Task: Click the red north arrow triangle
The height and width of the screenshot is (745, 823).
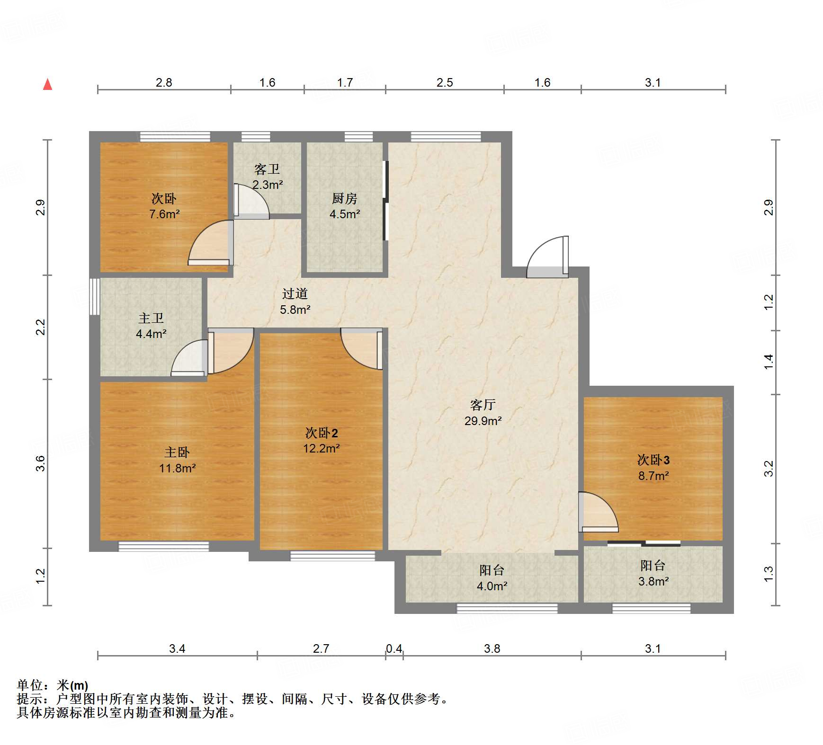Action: (x=47, y=84)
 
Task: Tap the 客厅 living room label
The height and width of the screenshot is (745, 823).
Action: (x=483, y=405)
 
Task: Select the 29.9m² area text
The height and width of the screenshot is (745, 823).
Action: (x=483, y=421)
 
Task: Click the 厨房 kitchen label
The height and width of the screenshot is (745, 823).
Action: (x=344, y=198)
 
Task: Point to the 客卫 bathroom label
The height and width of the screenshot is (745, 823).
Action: (x=267, y=169)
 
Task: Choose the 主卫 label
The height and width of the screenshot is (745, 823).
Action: (x=151, y=318)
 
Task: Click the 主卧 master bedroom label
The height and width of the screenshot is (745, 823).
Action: (x=177, y=452)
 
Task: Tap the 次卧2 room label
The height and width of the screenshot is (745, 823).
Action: (x=322, y=433)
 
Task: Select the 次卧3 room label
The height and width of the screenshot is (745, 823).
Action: (x=653, y=460)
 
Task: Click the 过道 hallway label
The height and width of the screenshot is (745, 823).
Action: (x=295, y=293)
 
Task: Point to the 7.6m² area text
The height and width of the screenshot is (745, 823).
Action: (x=164, y=214)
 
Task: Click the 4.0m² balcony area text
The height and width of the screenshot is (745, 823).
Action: (x=492, y=586)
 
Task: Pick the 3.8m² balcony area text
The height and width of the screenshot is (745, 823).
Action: (x=653, y=582)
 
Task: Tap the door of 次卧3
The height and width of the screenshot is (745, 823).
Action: (x=598, y=512)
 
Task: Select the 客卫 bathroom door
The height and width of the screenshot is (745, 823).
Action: (x=251, y=201)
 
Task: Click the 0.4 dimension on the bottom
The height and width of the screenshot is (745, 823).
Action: (x=394, y=648)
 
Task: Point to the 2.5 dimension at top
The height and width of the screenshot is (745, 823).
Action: (x=445, y=83)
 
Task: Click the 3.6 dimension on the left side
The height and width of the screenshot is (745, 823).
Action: (x=41, y=463)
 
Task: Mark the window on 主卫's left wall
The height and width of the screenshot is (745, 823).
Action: (x=95, y=297)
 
